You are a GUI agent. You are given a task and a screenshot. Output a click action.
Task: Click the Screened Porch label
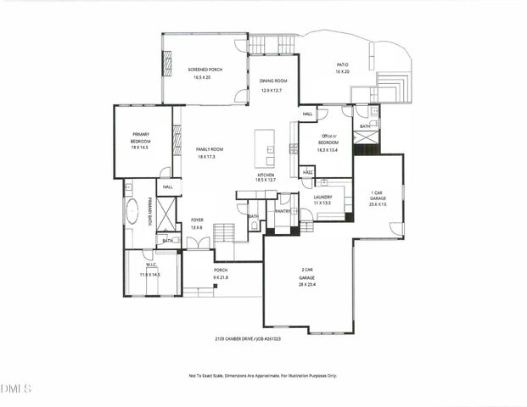point(205,69)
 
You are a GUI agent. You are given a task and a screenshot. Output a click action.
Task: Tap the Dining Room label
point(273,81)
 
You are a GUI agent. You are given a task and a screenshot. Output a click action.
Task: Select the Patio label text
point(343,64)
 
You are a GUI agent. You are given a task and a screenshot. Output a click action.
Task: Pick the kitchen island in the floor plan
point(265,148)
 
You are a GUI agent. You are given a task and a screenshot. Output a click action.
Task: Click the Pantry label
point(283,211)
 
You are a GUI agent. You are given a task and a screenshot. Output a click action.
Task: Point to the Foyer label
point(197,220)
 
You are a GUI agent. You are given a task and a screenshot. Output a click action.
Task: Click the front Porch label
point(221,270)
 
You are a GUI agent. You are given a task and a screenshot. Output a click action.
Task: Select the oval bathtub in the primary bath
point(132,212)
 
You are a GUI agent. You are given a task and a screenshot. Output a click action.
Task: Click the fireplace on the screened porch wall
point(167,63)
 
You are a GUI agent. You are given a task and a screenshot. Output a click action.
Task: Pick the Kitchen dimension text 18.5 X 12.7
point(266,180)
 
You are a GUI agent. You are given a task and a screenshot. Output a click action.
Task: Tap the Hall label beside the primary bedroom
point(168,187)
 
